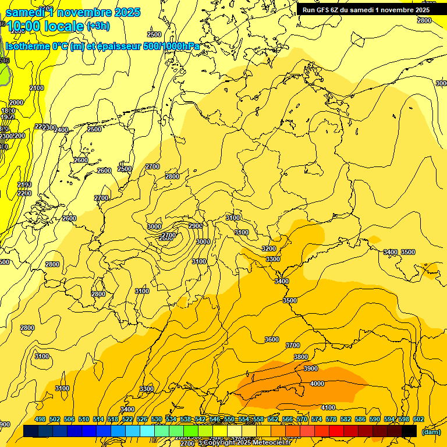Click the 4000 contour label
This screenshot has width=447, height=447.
pos(317,384)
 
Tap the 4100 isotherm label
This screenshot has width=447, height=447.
pos(328,407)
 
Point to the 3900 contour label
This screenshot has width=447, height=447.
pos(311,368)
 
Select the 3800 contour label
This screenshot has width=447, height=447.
pos(300,357)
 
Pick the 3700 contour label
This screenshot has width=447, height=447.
pos(293,345)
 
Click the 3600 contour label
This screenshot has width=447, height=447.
pos(271,339)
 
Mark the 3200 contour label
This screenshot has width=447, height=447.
pos(269,249)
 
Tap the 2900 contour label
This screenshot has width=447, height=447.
pos(196,226)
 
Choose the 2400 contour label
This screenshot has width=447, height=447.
pos(61,130)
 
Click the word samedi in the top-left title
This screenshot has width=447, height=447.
pos(28,12)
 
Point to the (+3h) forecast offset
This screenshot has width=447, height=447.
pos(97,26)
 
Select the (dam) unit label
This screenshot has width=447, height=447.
pos(430,432)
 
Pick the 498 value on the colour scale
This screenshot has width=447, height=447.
pos(40,419)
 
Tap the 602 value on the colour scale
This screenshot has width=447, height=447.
pos(418,419)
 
